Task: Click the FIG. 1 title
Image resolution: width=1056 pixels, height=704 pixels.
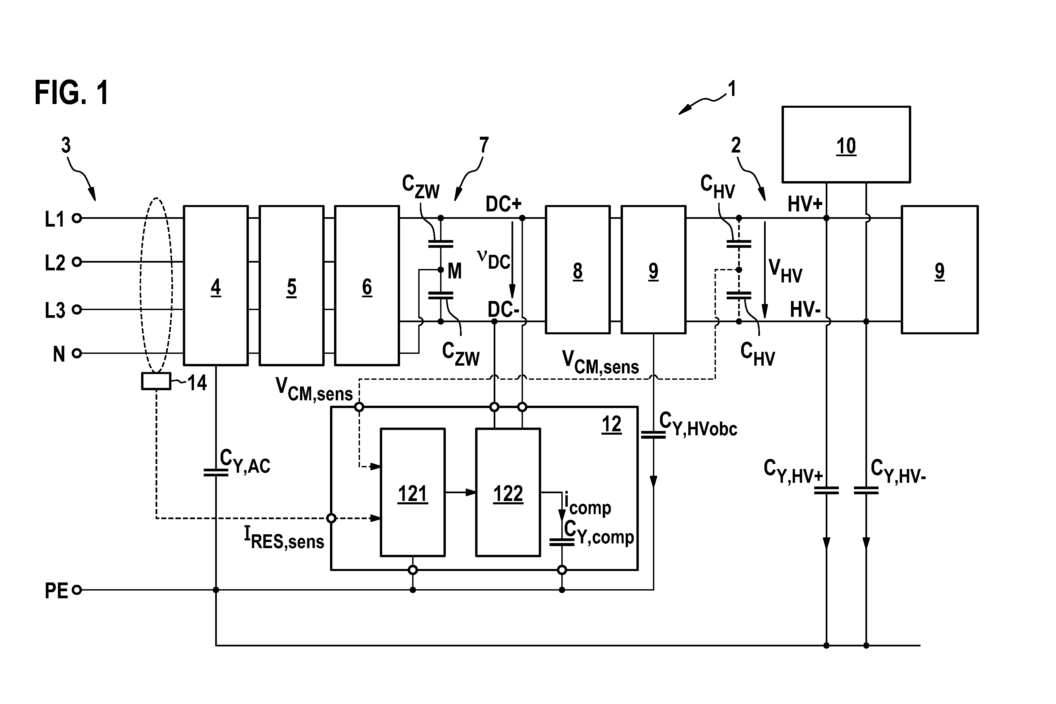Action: click(71, 93)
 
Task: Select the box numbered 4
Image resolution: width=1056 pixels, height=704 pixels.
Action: click(216, 286)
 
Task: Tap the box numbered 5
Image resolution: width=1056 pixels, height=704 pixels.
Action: click(291, 286)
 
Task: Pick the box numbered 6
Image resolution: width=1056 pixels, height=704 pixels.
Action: click(367, 286)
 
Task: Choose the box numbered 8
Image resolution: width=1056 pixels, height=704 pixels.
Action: click(577, 269)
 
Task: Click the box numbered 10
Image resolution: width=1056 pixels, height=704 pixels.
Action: click(846, 144)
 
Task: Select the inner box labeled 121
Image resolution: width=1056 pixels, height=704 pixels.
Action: click(412, 493)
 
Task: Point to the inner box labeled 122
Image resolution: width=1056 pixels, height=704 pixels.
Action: click(508, 493)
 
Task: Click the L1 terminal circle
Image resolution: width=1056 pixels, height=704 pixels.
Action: click(77, 218)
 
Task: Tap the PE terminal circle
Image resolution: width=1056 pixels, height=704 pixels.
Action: click(77, 590)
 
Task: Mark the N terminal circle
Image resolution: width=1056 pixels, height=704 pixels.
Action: click(77, 354)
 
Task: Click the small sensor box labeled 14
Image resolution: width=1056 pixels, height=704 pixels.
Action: click(156, 381)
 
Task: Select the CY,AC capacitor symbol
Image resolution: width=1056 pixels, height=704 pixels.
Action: click(216, 472)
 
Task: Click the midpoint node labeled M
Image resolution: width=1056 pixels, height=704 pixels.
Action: click(440, 270)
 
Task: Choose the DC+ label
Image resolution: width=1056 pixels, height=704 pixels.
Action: click(503, 204)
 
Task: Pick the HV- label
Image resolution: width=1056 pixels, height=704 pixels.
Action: click(805, 310)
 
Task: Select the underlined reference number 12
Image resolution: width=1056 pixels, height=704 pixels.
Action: click(611, 424)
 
